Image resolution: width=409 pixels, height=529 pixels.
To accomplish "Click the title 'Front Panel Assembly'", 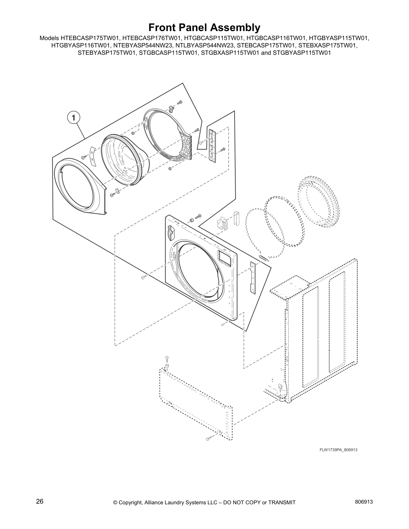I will click(204, 27).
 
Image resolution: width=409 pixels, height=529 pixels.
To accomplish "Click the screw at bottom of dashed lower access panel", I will click(209, 438).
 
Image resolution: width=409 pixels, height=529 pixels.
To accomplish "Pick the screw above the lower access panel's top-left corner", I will click(167, 359).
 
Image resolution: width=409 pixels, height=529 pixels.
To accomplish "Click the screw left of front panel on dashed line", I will click(143, 278).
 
